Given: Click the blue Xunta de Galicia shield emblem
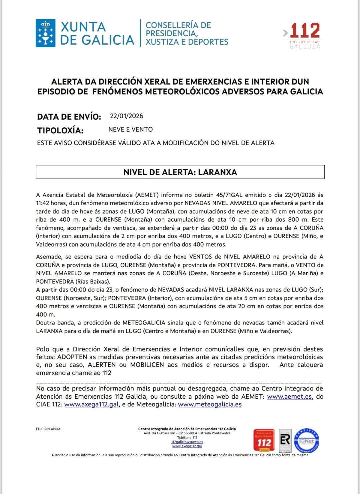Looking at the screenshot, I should [x=45, y=33].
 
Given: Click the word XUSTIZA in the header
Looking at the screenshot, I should [x=161, y=42].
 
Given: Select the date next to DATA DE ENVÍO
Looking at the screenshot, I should [x=126, y=116].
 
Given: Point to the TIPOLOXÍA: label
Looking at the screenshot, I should [x=60, y=130].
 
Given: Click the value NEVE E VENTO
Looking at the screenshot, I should [x=130, y=129].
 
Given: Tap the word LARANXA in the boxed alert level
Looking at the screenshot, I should [x=217, y=172].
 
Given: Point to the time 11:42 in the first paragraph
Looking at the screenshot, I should [x=43, y=203].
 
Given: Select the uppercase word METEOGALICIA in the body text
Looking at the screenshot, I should [x=144, y=322].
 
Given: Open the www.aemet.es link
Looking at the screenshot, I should [x=289, y=396].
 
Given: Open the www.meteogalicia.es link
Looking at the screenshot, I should [x=210, y=404].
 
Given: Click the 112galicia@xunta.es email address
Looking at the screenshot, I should [x=187, y=442].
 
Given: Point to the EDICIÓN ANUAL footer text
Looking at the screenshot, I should [x=49, y=429].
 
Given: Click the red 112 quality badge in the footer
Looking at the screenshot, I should [x=264, y=440].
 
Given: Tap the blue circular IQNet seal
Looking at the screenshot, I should [x=306, y=440].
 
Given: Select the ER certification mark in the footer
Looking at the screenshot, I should [x=285, y=440].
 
